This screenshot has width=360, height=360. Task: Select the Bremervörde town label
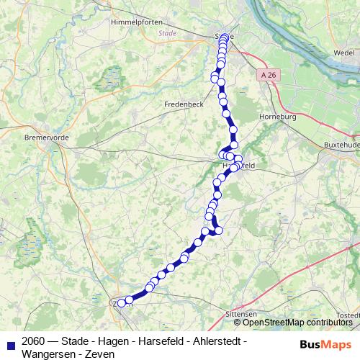pyautogui.click(x=45, y=137)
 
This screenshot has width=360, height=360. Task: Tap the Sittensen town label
pyautogui.click(x=242, y=315)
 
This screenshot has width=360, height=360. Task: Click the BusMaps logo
pyautogui.click(x=325, y=343)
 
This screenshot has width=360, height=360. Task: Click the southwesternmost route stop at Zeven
pyautogui.click(x=122, y=303)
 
